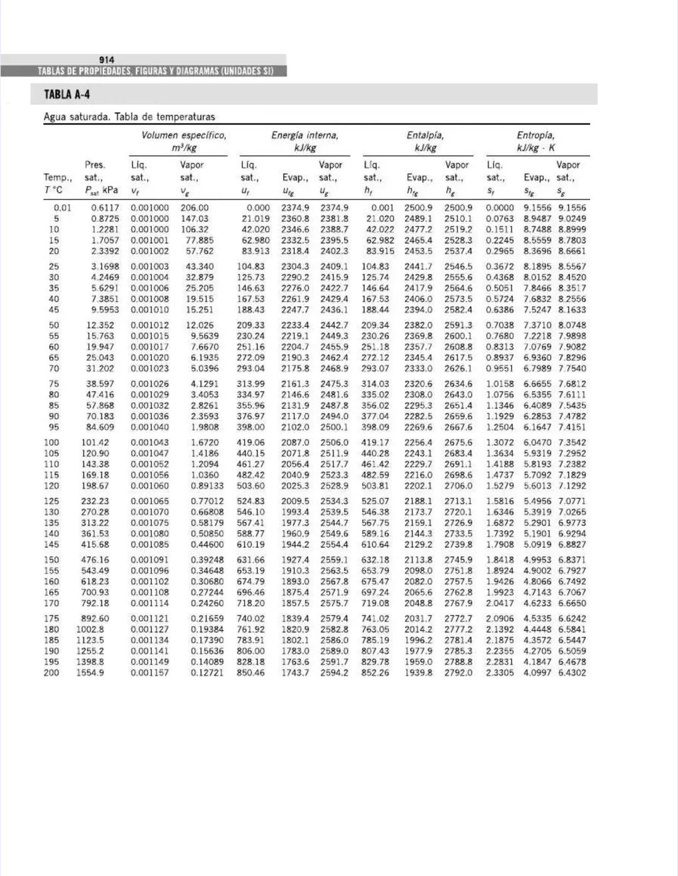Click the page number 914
click(x=107, y=60)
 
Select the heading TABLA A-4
click(x=67, y=95)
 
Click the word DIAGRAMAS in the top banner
click(x=196, y=71)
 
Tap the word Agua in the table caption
click(x=55, y=117)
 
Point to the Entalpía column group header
click(x=425, y=136)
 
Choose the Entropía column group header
click(x=535, y=136)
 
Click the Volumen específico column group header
click(x=183, y=136)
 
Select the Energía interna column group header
click(x=304, y=136)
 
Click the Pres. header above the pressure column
click(x=95, y=165)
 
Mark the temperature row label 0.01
click(x=62, y=208)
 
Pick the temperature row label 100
click(x=51, y=442)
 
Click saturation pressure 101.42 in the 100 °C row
click(x=95, y=442)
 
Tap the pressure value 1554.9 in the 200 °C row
click(x=90, y=673)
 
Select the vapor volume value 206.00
click(x=195, y=208)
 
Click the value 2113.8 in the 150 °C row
click(x=418, y=560)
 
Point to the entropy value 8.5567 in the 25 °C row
click(x=572, y=267)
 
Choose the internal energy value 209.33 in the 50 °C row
click(x=250, y=325)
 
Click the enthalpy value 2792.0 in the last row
click(x=458, y=673)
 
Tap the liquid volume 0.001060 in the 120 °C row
click(x=149, y=486)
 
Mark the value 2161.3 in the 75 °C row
click(x=295, y=384)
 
